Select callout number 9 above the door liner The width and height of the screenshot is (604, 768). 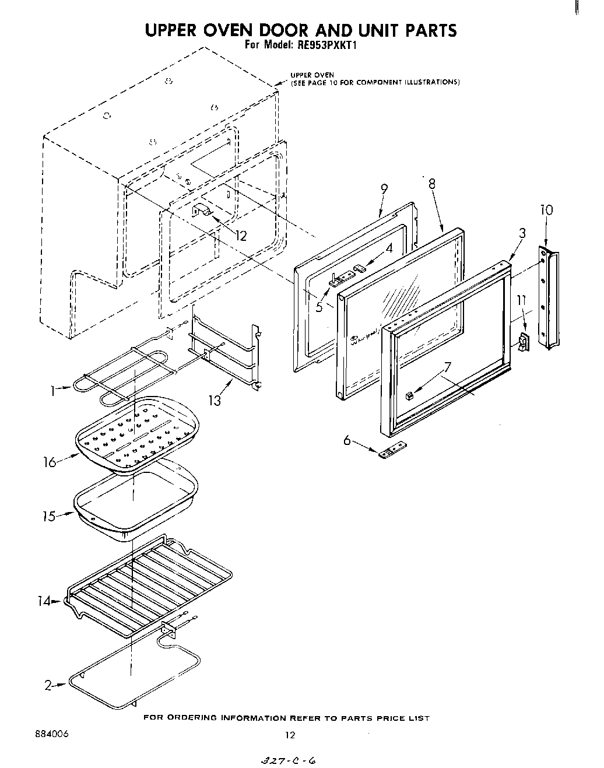click(384, 190)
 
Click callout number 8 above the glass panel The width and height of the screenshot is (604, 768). click(431, 183)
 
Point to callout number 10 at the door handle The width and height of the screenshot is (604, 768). click(546, 210)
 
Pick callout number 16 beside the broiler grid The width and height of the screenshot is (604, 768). click(50, 462)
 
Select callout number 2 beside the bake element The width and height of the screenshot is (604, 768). click(48, 686)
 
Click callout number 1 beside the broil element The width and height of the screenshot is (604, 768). click(53, 391)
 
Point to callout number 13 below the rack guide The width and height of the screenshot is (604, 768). click(215, 400)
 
